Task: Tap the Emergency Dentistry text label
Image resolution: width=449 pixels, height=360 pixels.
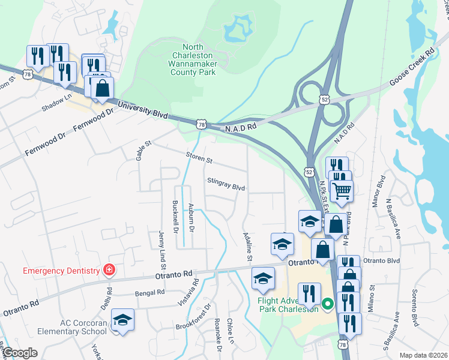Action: pos(60,271)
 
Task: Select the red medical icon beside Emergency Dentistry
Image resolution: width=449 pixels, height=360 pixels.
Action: pos(109,271)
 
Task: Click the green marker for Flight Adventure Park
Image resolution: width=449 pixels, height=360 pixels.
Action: pos(327,304)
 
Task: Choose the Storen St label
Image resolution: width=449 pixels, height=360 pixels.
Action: pos(200,158)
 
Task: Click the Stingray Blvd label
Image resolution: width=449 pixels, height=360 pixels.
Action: pos(226,185)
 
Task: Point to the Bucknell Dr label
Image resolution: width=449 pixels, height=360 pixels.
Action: pos(175,217)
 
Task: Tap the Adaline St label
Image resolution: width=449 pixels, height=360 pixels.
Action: pos(246,247)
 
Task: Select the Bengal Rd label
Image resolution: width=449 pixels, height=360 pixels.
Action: pos(150,293)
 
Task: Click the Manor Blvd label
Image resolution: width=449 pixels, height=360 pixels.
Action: pos(379,192)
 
